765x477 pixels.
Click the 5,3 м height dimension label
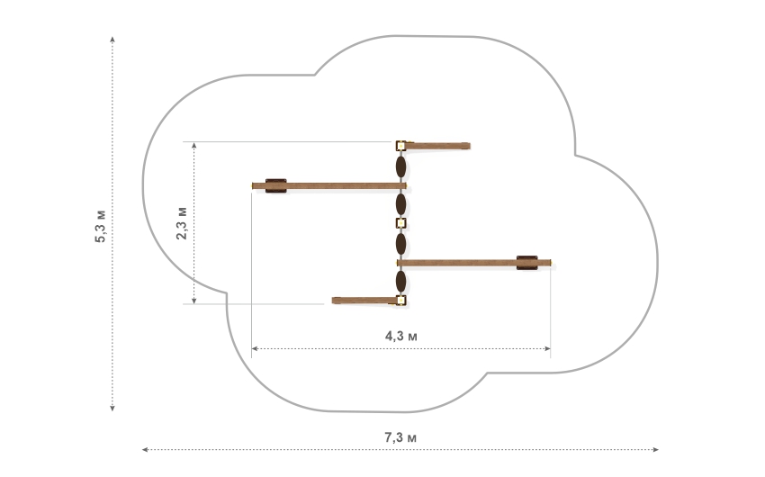pyautogui.click(x=100, y=226)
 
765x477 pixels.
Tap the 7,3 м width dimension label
pyautogui.click(x=400, y=437)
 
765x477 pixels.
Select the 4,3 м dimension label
pyautogui.click(x=401, y=336)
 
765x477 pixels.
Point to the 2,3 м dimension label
pyautogui.click(x=182, y=223)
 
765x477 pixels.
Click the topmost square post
pyautogui.click(x=400, y=145)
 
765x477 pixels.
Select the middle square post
pyautogui.click(x=400, y=223)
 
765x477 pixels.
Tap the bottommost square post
pyautogui.click(x=400, y=300)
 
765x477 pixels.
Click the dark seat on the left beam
pyautogui.click(x=275, y=185)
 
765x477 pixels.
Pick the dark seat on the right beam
pyautogui.click(x=526, y=263)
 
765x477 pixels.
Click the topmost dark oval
pyautogui.click(x=400, y=166)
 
